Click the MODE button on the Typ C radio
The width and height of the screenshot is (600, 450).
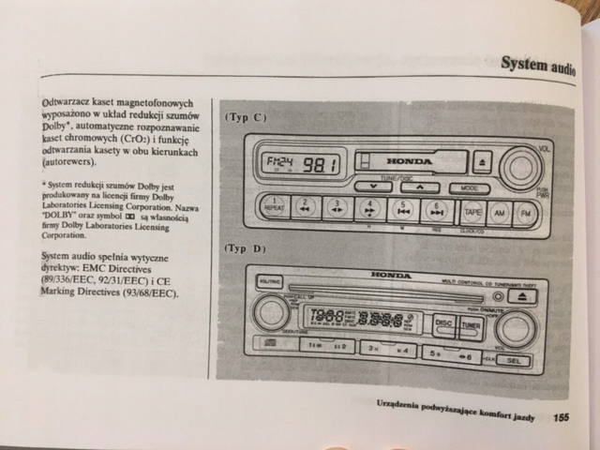tap(468, 187)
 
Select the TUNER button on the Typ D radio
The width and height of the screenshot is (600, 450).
tap(471, 326)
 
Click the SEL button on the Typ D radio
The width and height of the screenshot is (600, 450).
tap(513, 359)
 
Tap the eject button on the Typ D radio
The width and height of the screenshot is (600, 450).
tap(524, 296)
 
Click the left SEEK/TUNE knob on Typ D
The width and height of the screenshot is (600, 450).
tap(271, 311)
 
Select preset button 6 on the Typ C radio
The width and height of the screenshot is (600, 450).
tap(435, 210)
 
